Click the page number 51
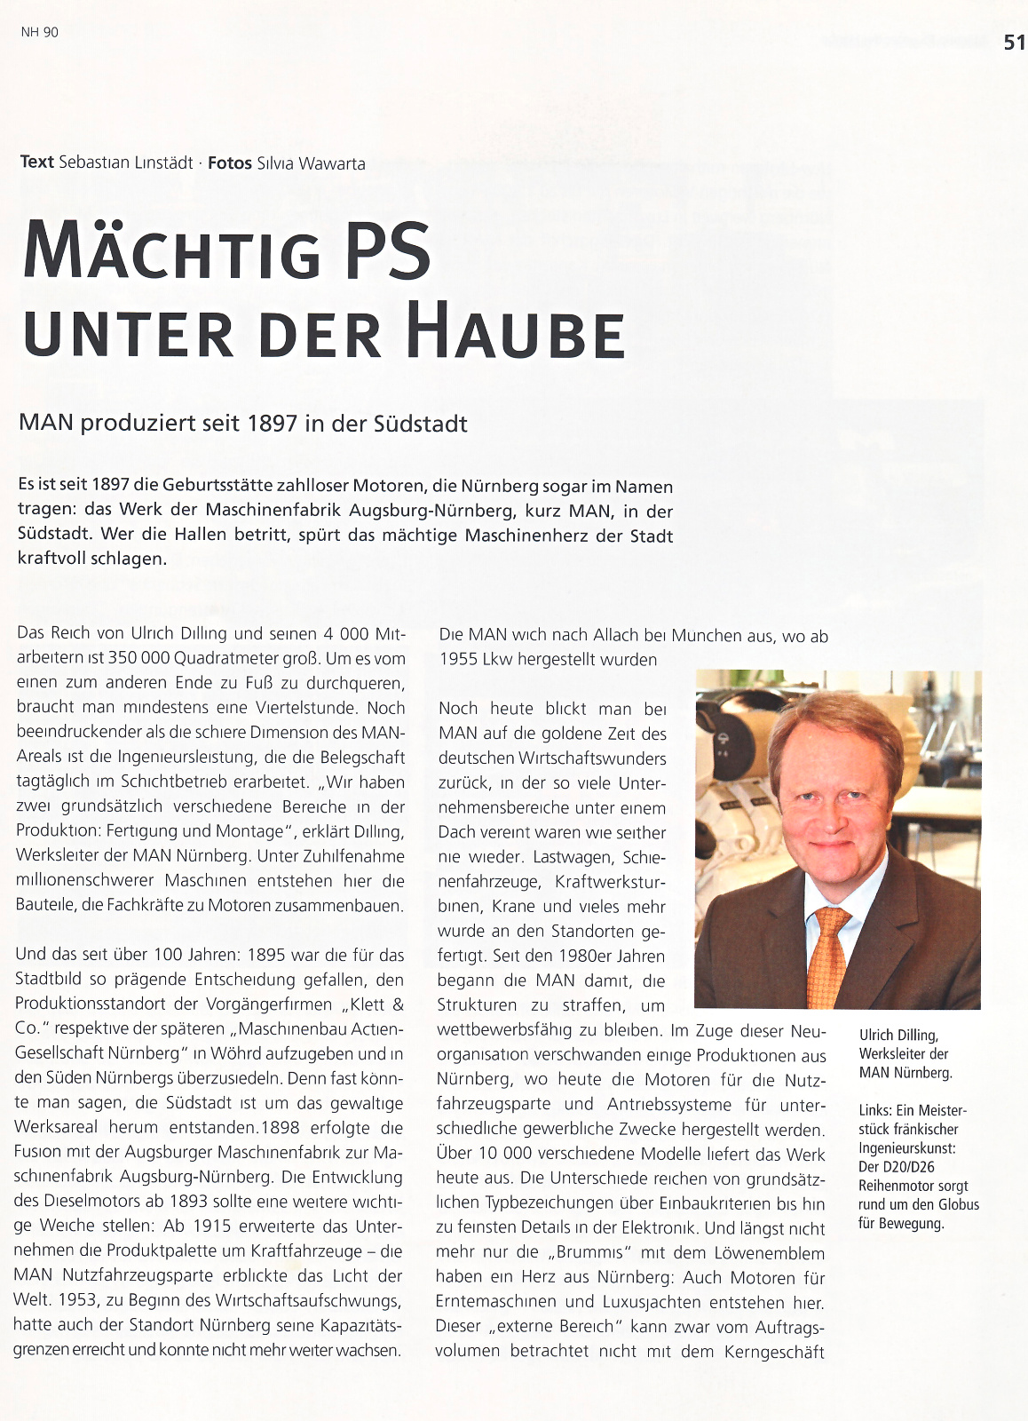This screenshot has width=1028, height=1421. pos(1014,43)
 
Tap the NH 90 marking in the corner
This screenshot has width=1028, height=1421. pos(39,32)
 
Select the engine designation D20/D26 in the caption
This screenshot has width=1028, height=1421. pos(909,1167)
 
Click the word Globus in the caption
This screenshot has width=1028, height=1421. pos(955,1205)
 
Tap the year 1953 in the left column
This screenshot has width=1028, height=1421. pos(78,1300)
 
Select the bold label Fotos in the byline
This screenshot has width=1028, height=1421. pos(229,163)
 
